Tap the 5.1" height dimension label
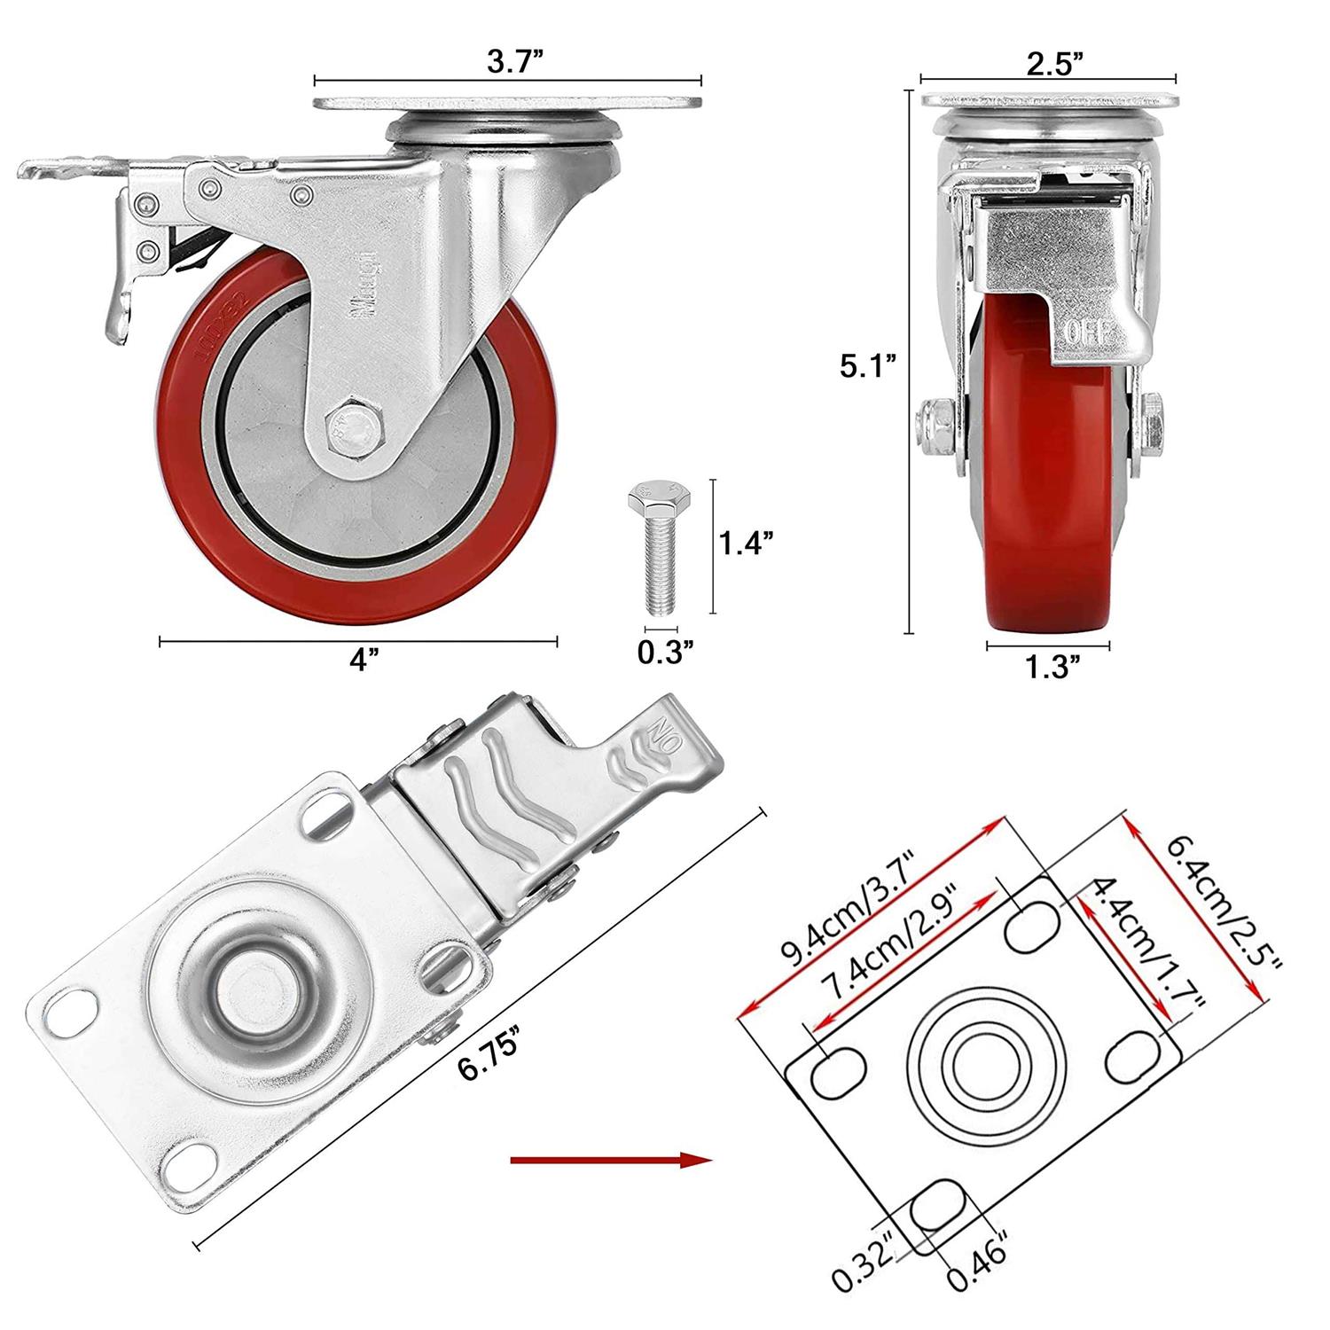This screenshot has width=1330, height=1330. pyautogui.click(x=869, y=365)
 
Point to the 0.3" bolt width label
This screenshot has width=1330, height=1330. pyautogui.click(x=664, y=652)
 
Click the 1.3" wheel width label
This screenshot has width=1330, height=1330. pyautogui.click(x=1052, y=667)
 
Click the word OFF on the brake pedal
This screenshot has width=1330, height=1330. pyautogui.click(x=1087, y=333)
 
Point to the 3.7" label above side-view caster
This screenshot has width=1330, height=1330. pyautogui.click(x=514, y=61)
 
